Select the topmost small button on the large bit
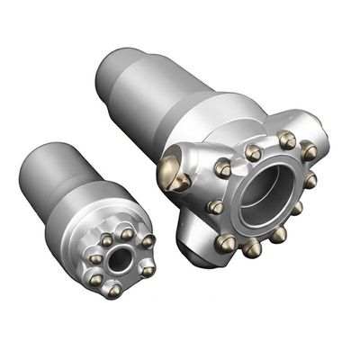287,139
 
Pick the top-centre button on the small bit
127,235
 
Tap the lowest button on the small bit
113,290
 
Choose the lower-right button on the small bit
147,269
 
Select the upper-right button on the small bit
148,242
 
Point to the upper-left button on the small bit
106,239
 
